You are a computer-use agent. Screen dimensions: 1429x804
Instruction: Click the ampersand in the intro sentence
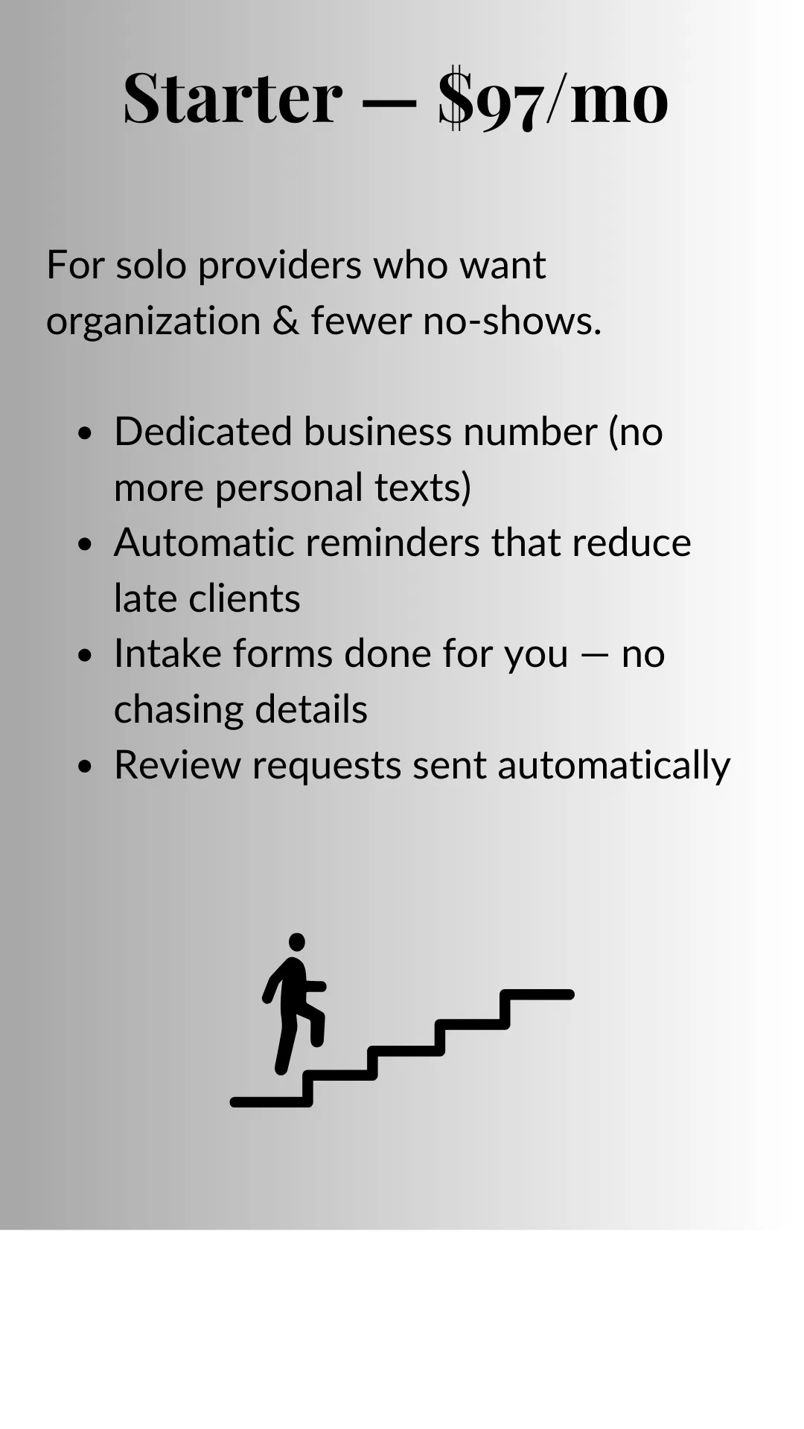285,321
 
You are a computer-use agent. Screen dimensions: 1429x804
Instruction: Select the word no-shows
511,321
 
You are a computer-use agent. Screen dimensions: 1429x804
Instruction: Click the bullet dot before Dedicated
85,433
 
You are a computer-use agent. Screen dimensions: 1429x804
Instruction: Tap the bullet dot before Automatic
85,544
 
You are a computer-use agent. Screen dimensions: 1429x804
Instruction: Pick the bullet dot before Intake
85,655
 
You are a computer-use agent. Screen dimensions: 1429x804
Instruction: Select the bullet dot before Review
85,766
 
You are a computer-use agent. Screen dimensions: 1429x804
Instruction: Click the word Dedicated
202,432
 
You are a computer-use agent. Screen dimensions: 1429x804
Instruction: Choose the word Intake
167,653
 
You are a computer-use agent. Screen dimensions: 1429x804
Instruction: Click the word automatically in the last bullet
613,766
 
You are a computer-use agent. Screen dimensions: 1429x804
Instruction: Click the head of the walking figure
297,942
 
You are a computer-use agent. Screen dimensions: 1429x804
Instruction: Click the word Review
177,764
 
